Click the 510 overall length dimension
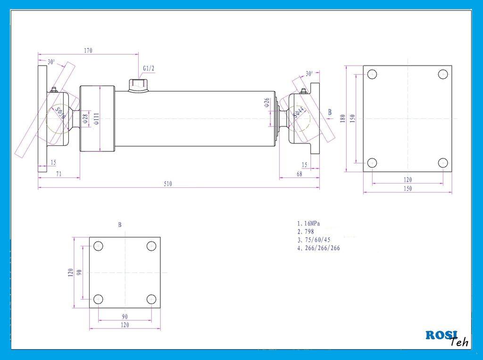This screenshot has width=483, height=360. pyautogui.click(x=168, y=184)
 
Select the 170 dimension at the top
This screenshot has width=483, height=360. pyautogui.click(x=88, y=50)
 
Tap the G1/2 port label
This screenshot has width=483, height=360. pyautogui.click(x=149, y=68)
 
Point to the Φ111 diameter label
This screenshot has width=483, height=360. pyautogui.click(x=96, y=118)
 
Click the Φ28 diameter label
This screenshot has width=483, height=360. pyautogui.click(x=85, y=119)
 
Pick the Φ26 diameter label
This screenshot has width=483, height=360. pyautogui.click(x=266, y=102)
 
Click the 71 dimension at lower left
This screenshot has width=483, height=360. pyautogui.click(x=59, y=174)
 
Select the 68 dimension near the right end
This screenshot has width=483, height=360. pyautogui.click(x=299, y=174)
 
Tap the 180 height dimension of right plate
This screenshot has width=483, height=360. pyautogui.click(x=343, y=117)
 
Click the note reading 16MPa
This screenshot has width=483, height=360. pyautogui.click(x=311, y=223)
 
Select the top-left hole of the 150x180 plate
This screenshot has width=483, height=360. pyautogui.click(x=372, y=74)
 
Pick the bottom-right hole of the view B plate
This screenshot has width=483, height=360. pyautogui.click(x=151, y=299)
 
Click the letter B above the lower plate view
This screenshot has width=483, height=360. pyautogui.click(x=120, y=225)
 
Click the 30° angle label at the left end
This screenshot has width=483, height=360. pyautogui.click(x=51, y=62)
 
